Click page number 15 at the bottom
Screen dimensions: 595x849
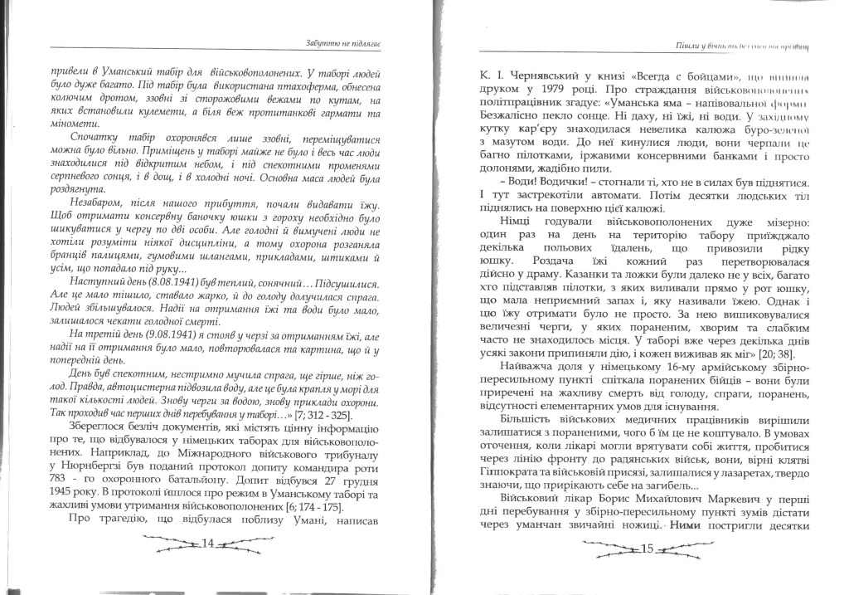point(648,549)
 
